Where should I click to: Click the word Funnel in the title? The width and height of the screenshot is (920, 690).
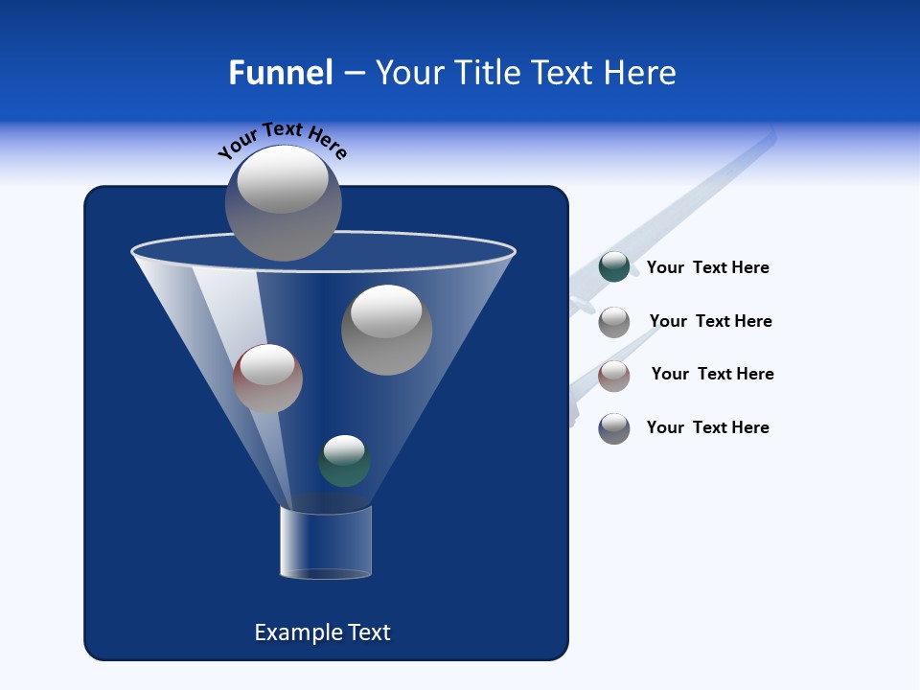click(281, 73)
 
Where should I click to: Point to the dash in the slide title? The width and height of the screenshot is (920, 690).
click(354, 74)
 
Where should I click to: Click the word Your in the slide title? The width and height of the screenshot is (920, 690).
click(409, 73)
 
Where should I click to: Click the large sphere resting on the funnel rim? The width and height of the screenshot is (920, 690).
click(284, 202)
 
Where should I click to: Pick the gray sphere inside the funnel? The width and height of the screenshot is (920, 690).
click(387, 330)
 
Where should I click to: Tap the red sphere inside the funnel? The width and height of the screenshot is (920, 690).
click(267, 379)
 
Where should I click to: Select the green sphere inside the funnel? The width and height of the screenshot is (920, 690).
click(344, 461)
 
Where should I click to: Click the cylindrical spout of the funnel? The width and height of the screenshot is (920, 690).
click(326, 542)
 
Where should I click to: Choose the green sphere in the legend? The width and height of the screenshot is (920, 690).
click(614, 267)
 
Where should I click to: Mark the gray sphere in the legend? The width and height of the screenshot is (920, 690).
click(614, 322)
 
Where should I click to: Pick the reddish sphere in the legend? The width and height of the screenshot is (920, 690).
click(614, 376)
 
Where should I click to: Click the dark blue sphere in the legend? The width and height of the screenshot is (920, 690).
click(614, 428)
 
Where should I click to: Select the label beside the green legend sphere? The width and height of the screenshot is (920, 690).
click(708, 268)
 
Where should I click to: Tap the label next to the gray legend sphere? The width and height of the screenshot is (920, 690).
click(711, 322)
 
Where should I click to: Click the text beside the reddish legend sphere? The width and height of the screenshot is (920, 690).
click(713, 375)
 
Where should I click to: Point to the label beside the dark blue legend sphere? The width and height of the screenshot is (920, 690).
click(708, 428)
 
